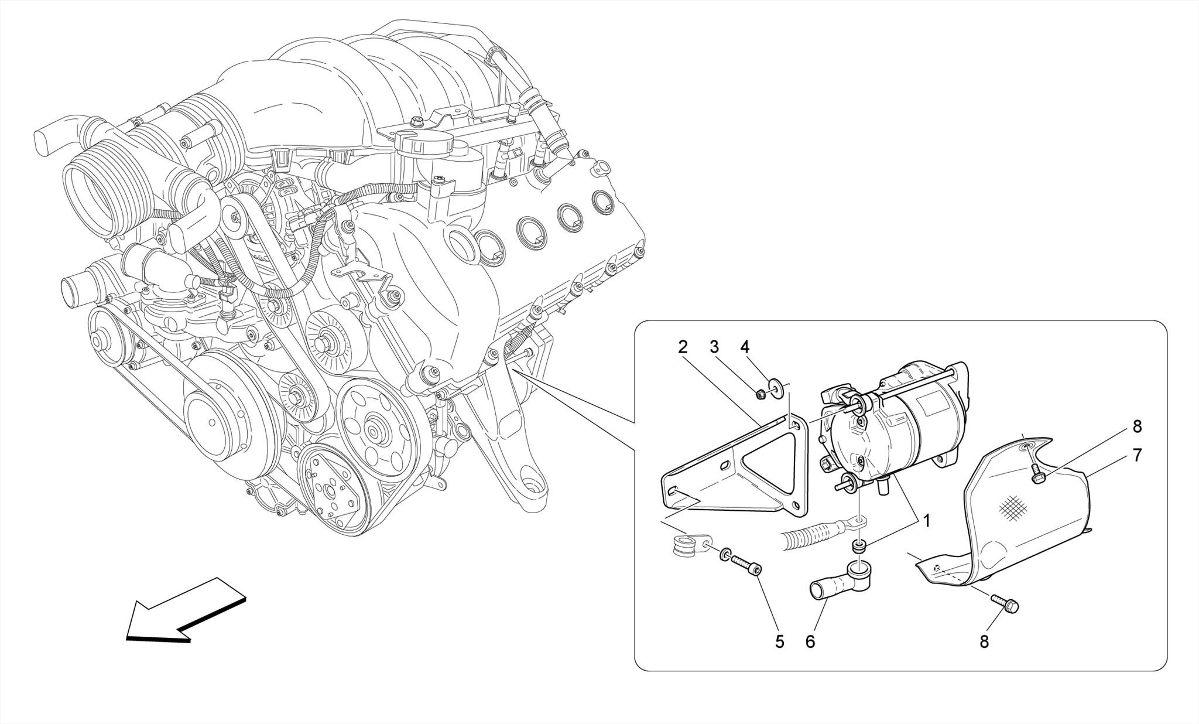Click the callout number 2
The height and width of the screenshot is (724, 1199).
683,347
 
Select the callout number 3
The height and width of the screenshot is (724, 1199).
714,347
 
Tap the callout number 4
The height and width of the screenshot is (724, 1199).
745,347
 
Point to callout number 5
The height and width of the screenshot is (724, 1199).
779,641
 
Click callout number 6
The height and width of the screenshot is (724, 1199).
810,641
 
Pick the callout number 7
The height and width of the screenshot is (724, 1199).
1137,455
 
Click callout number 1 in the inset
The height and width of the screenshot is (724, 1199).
926,520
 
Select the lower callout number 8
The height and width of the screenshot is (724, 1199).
984,641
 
